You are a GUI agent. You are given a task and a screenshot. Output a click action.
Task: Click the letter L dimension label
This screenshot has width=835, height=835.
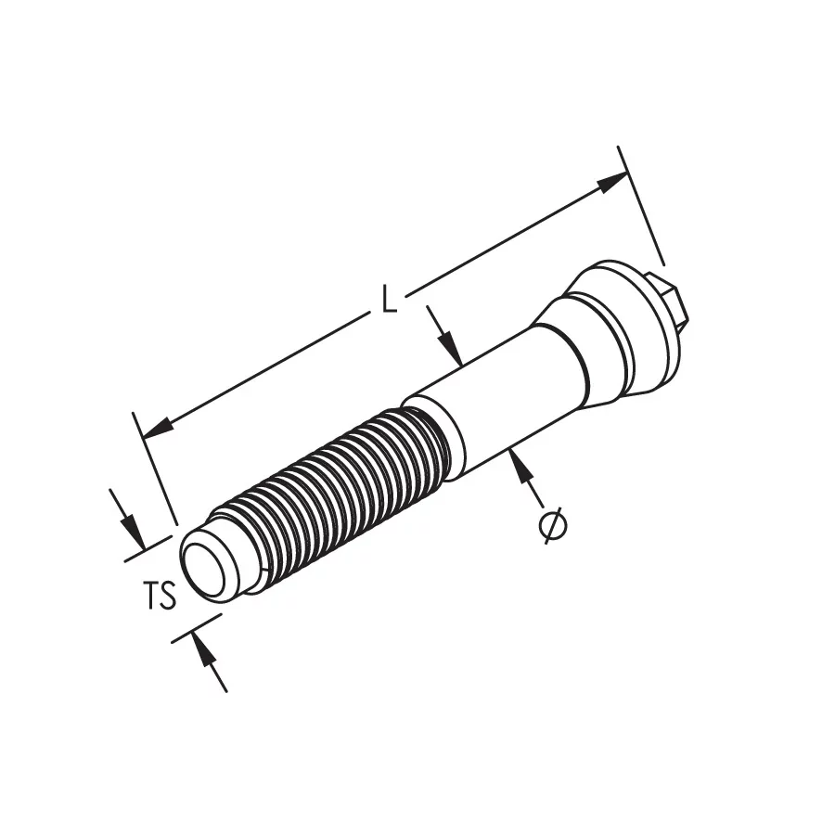tap(391, 300)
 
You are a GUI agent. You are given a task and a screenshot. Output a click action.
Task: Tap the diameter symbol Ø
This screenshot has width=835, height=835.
tap(553, 526)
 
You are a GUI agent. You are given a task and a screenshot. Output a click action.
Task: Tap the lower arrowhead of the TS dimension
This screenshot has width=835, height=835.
tap(203, 647)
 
